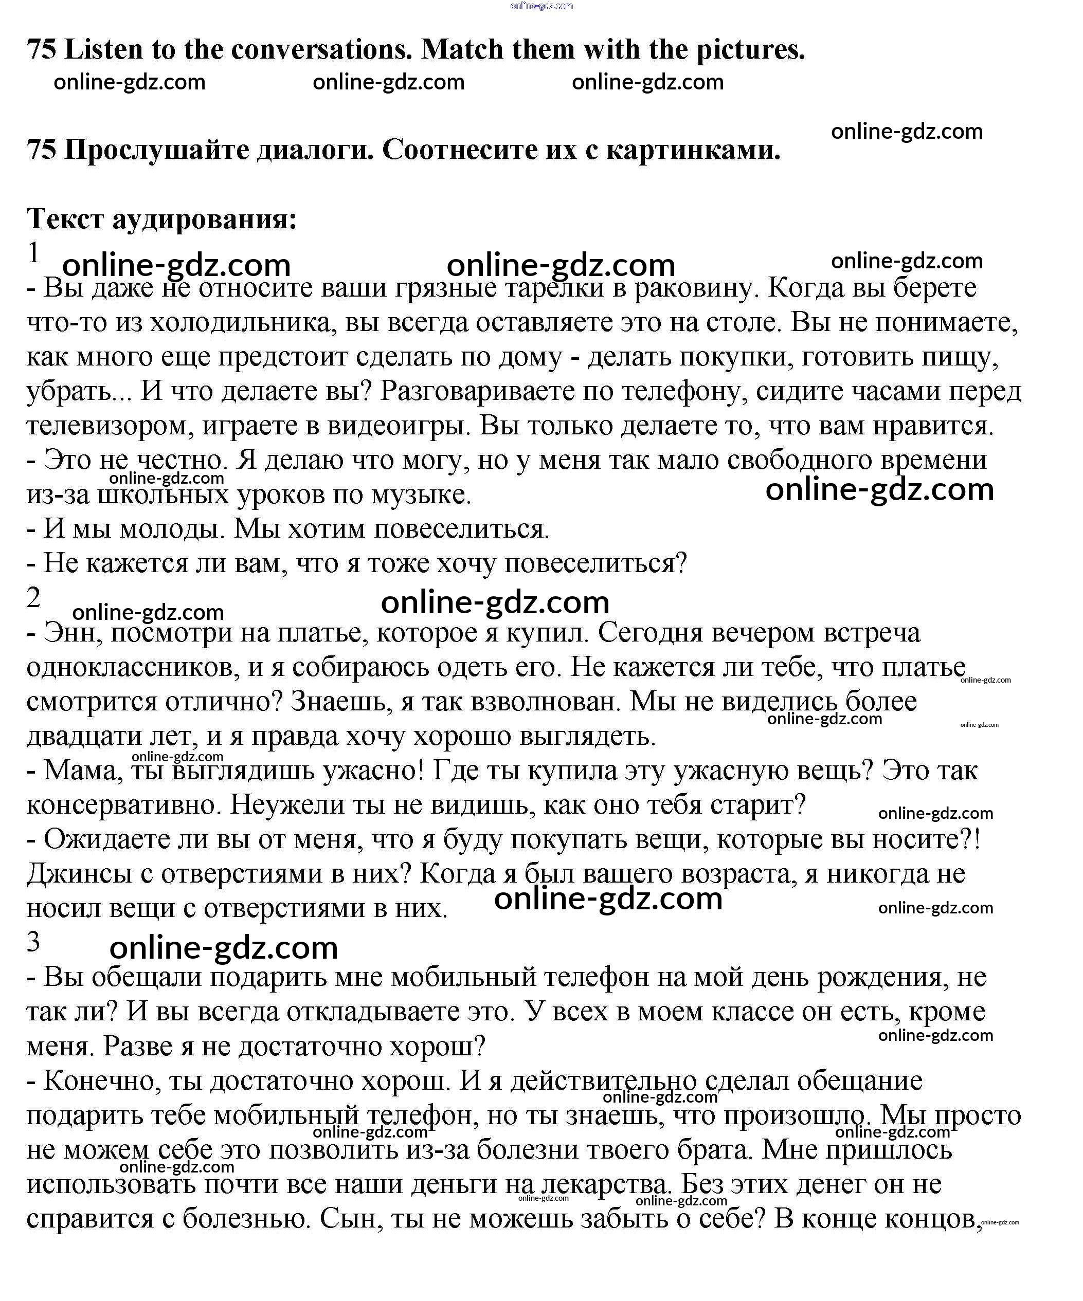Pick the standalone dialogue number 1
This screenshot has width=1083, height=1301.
(x=33, y=253)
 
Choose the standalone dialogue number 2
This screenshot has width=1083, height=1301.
(x=33, y=598)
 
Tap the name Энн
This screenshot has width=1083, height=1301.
(x=69, y=633)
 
